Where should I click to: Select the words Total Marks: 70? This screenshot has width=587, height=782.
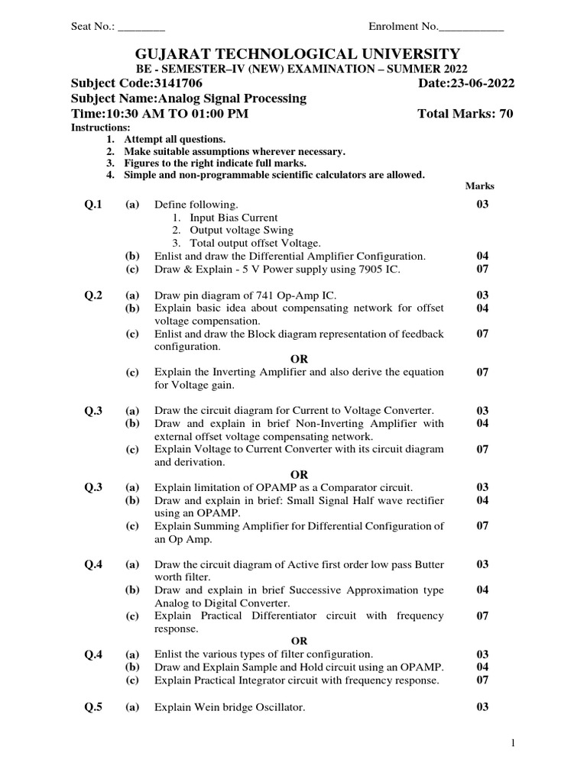465,114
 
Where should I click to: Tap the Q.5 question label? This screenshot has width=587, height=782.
93,707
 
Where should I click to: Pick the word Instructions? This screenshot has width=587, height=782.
100,127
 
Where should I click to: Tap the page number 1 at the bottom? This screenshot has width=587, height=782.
514,743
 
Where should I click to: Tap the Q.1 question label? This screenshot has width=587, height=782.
93,204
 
